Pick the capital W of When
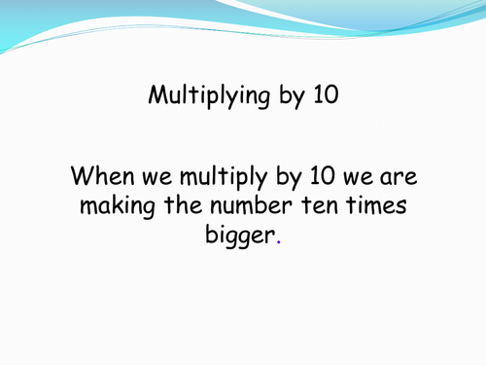[83, 178]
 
